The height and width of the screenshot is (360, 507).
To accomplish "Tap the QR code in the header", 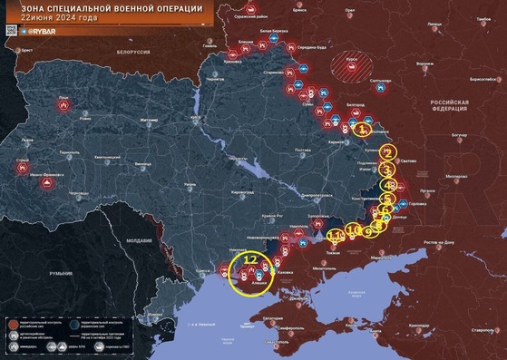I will pyautogui.click(x=9, y=31).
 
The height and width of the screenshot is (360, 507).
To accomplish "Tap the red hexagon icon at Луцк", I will pyautogui.click(x=63, y=106).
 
